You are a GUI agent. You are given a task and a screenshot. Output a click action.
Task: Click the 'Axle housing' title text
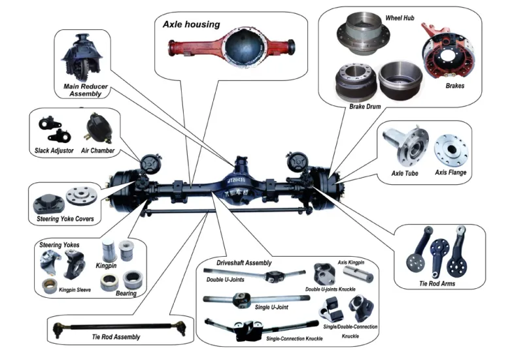click(x=192, y=25)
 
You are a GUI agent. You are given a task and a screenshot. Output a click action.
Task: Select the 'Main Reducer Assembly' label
click(x=86, y=90)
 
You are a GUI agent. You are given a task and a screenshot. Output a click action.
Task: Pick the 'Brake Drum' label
click(x=366, y=106)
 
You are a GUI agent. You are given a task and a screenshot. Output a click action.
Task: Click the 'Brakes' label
click(x=455, y=86)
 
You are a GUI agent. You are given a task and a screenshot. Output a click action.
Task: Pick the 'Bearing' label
click(x=127, y=293)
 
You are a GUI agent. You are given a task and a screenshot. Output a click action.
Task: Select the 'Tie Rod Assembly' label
click(x=117, y=337)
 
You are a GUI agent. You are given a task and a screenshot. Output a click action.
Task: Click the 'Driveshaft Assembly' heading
click(x=244, y=263)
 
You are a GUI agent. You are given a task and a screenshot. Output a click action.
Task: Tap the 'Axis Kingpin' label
click(x=351, y=262)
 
